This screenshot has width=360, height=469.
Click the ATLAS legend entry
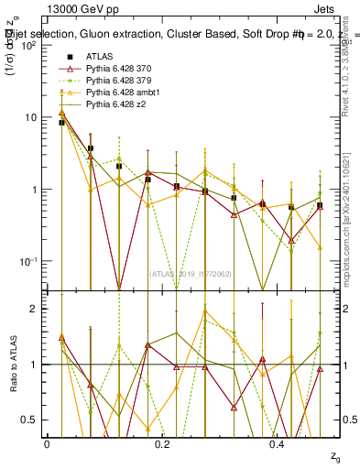pos(99,57)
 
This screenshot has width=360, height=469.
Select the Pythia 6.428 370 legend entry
pos(121,69)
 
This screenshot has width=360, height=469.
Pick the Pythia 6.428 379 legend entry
pos(121,82)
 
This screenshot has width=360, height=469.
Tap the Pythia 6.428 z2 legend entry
pos(116,106)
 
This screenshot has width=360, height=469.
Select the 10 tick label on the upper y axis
pos(31,117)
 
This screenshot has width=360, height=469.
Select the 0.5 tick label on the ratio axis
pos(31,420)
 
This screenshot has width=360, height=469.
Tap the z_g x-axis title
pos(337,455)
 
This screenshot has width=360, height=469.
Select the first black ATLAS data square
pos(61,122)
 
